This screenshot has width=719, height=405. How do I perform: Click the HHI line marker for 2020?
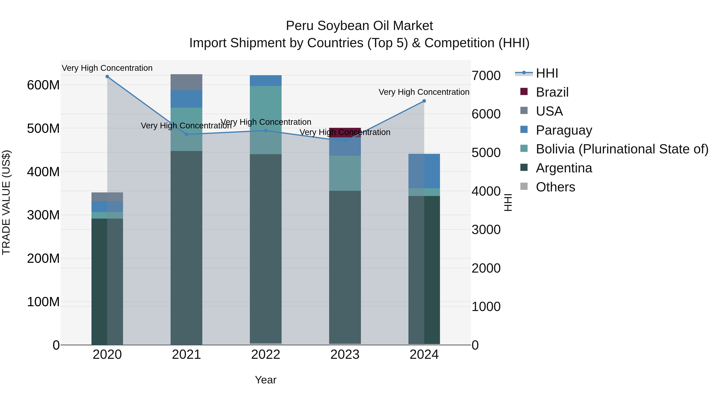(x=107, y=77)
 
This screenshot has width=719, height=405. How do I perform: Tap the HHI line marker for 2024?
(x=424, y=101)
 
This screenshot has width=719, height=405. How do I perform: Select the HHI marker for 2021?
(x=187, y=134)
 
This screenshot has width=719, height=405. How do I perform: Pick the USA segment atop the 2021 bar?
(x=187, y=82)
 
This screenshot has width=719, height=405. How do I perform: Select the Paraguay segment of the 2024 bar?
(x=424, y=171)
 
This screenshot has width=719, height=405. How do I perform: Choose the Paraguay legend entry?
(x=564, y=130)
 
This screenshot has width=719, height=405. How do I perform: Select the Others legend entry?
(x=555, y=187)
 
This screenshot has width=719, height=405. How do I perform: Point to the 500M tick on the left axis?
(x=43, y=129)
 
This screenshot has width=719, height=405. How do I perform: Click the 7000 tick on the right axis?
(x=486, y=76)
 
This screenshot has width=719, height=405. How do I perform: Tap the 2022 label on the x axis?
(x=266, y=355)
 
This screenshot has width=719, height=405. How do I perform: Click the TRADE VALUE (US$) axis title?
(x=6, y=202)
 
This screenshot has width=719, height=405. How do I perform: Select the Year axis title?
(x=266, y=380)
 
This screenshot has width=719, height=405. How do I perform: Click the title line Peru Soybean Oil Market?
(x=359, y=26)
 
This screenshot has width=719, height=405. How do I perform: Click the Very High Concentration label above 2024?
(x=424, y=92)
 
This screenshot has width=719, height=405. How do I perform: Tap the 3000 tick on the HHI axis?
(x=486, y=230)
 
